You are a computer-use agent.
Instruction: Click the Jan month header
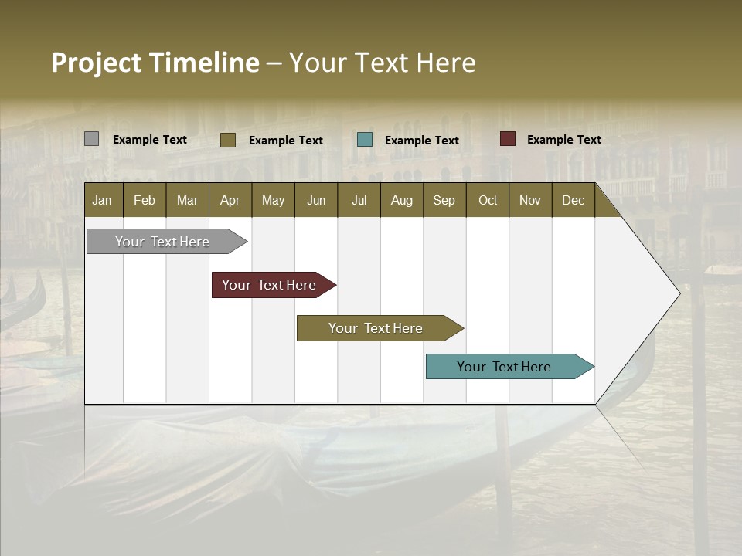(x=102, y=200)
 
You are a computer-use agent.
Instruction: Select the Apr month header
(x=230, y=200)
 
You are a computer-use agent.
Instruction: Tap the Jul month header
(x=359, y=200)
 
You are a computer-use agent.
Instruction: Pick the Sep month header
(x=444, y=200)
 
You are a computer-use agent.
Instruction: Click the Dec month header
(x=573, y=200)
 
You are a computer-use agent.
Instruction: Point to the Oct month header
(x=488, y=200)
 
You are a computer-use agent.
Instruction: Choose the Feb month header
(x=145, y=200)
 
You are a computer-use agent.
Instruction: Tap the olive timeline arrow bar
(x=376, y=328)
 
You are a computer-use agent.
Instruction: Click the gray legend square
(x=91, y=139)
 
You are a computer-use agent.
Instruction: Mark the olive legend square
(x=227, y=140)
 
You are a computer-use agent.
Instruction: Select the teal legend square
(x=365, y=140)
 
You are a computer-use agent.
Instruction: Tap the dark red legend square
(x=507, y=139)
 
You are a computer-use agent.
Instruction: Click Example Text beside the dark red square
(x=563, y=139)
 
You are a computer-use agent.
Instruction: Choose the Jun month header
(x=316, y=200)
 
